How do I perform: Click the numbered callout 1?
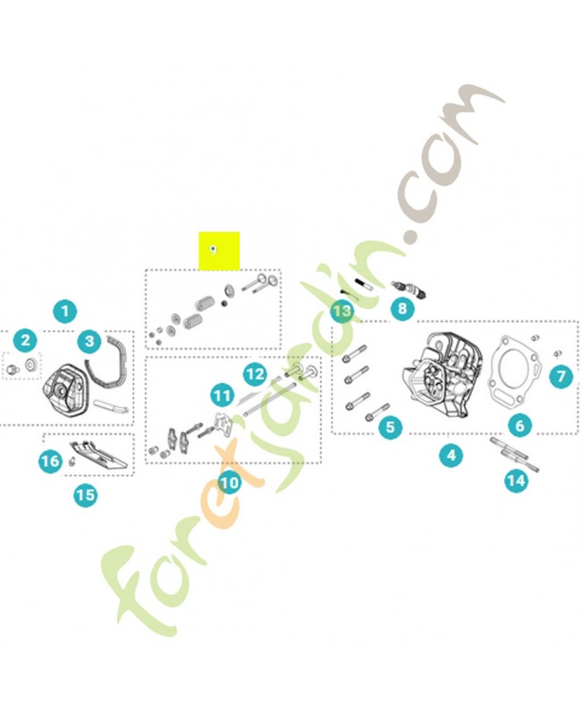[64, 312]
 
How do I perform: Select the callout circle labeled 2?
[26, 340]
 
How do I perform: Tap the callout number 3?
[89, 341]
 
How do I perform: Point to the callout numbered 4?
[452, 456]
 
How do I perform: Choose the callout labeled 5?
[390, 428]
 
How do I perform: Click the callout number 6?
[520, 425]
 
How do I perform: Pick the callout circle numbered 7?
[560, 377]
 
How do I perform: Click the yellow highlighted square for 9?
[219, 251]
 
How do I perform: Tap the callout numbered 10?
[230, 482]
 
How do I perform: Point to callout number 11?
[222, 394]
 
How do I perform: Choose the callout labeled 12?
[255, 373]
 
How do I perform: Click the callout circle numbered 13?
[342, 311]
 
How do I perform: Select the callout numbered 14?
[516, 482]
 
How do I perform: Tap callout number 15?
[85, 493]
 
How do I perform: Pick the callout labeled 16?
[50, 461]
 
